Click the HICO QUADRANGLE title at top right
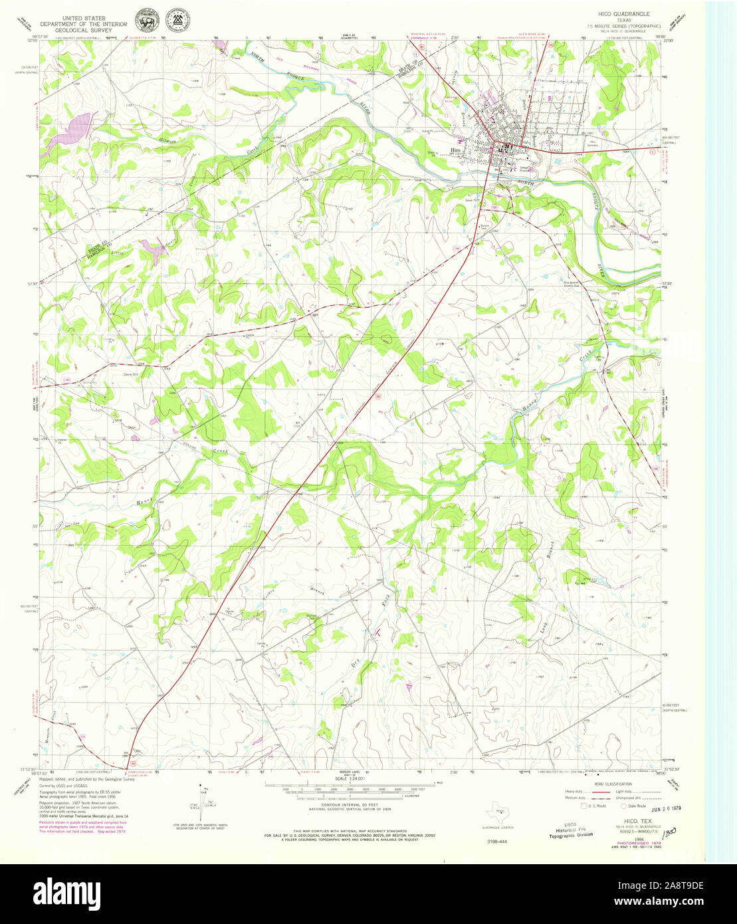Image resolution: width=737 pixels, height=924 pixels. tap(623, 13)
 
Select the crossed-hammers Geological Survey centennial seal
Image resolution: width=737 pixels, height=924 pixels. tap(176, 21)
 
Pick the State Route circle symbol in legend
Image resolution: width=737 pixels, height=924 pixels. tap(623, 806)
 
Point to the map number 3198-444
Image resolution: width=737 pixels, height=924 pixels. tap(497, 842)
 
